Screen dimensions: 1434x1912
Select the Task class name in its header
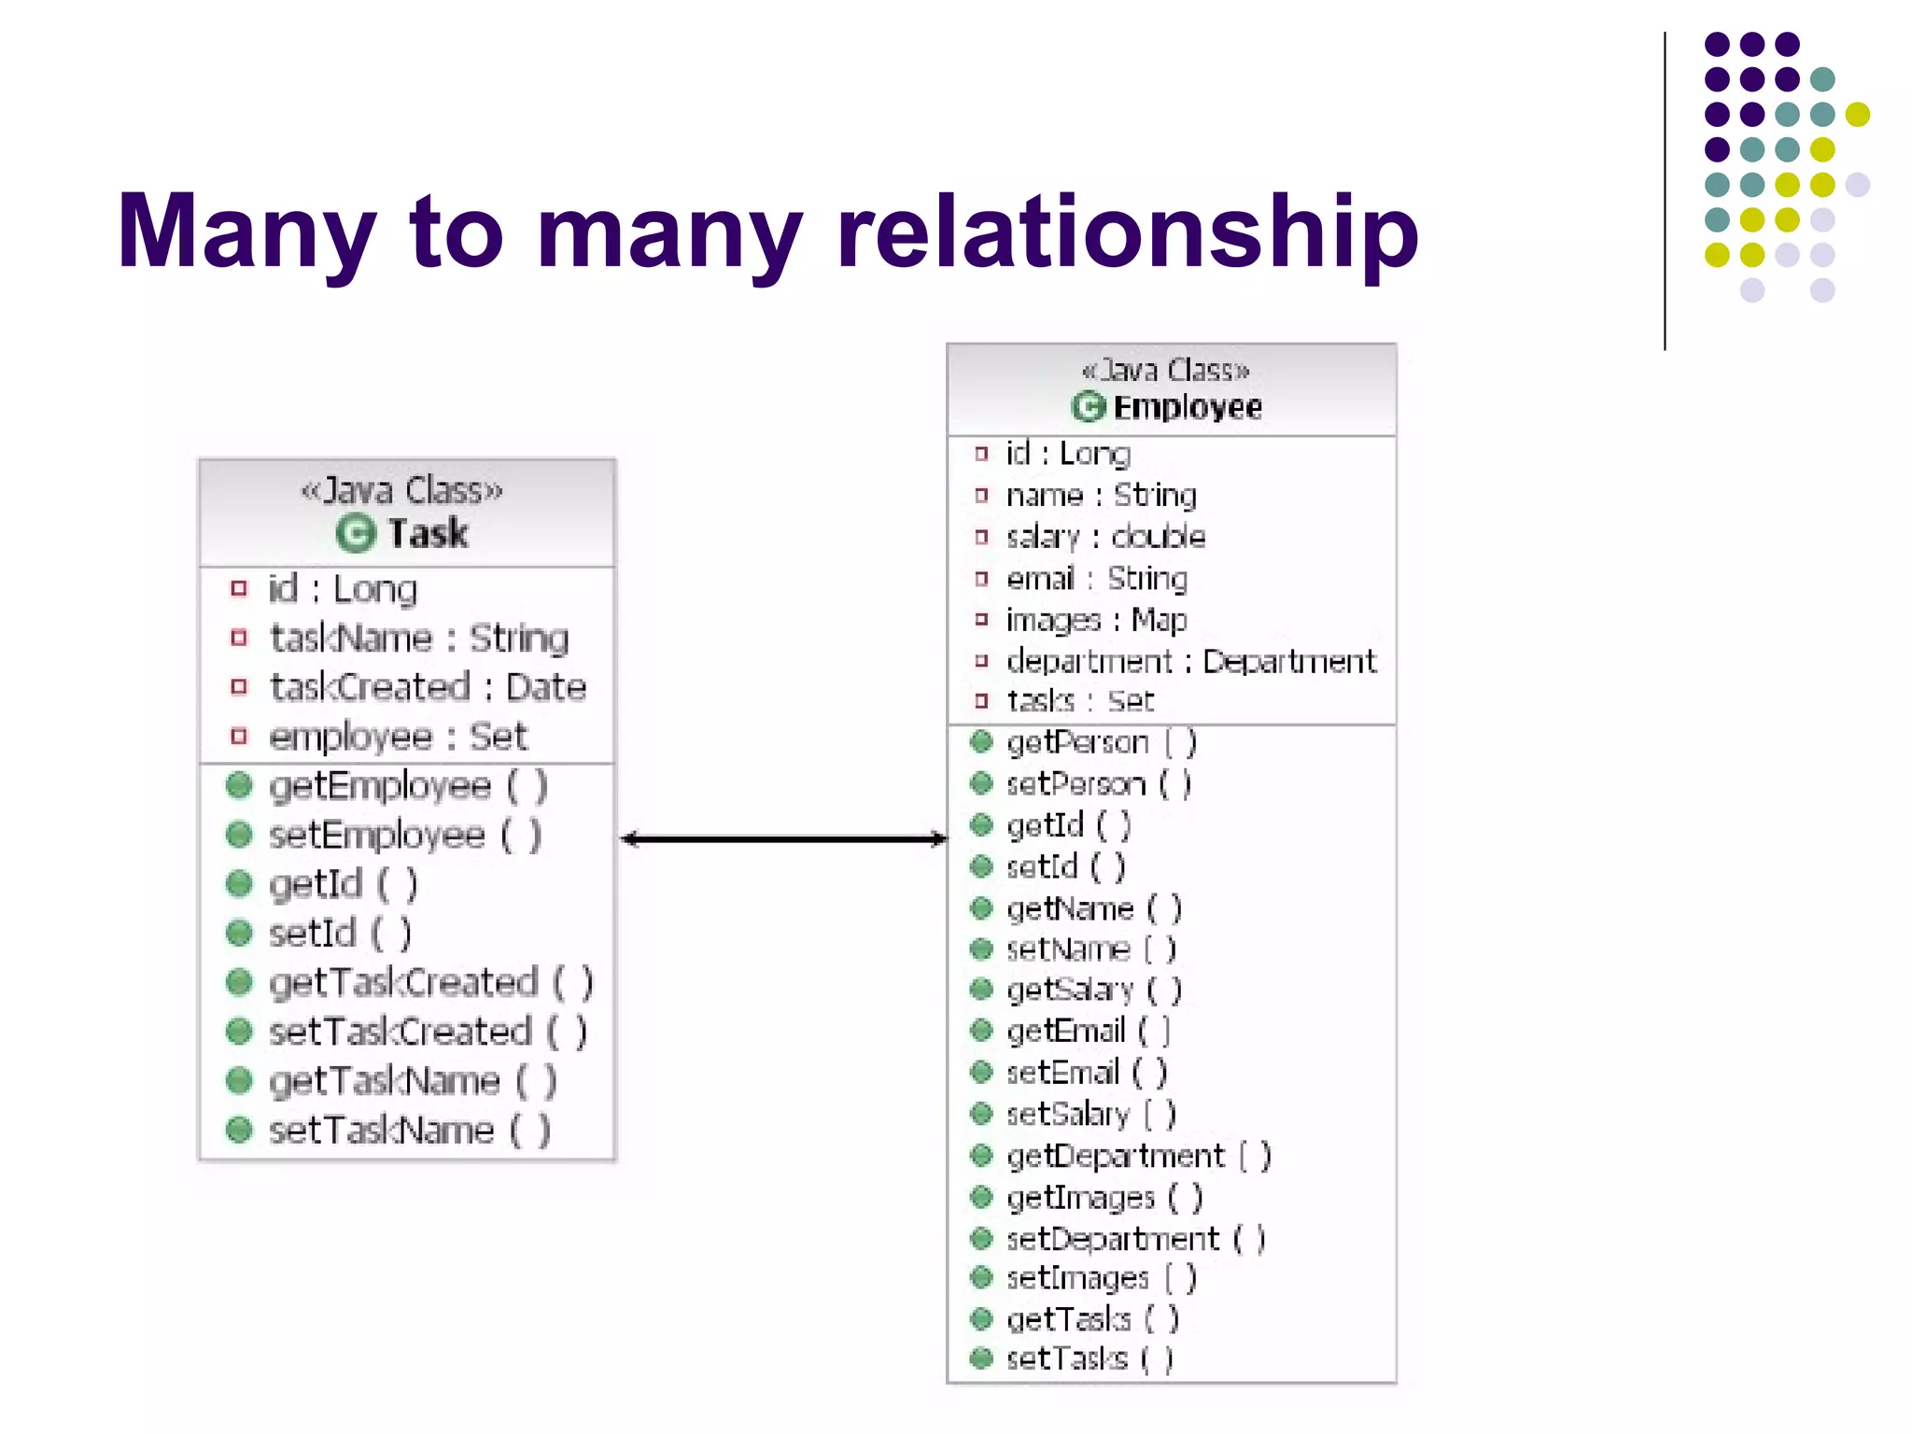[429, 533]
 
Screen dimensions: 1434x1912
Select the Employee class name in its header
[1188, 407]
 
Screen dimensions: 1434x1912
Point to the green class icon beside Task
[355, 533]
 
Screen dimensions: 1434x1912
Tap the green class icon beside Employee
[1088, 407]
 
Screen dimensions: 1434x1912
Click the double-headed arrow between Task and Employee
[783, 839]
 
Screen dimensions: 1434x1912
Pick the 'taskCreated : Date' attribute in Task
[428, 687]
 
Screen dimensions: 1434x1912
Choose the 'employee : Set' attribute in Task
[398, 737]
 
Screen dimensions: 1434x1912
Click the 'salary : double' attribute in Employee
[1105, 537]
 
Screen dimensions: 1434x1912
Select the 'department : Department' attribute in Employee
[1190, 661]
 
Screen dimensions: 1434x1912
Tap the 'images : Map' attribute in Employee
[1096, 620]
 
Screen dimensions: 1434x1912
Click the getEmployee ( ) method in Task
[407, 786]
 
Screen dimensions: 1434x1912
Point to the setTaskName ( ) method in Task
[409, 1131]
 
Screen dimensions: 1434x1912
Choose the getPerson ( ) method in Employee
[1101, 743]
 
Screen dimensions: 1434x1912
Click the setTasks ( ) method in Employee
[1089, 1359]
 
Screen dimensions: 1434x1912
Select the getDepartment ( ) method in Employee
[1138, 1157]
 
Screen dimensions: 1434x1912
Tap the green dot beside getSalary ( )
[981, 989]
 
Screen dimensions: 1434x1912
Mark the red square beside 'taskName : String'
[239, 638]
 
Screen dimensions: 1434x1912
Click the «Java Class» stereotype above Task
[402, 491]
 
